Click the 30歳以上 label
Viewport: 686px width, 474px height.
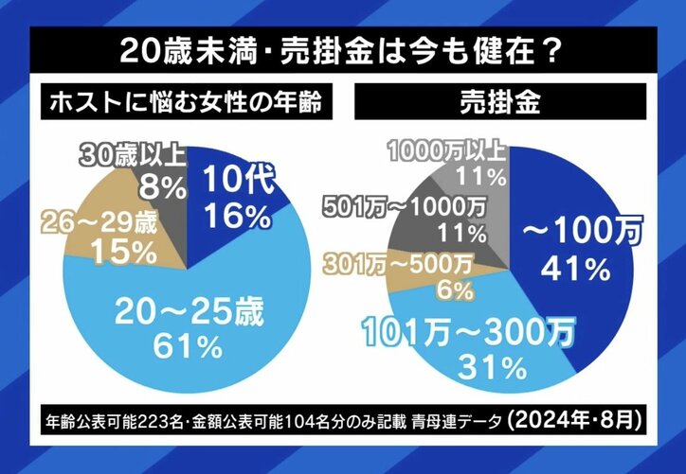point(134,153)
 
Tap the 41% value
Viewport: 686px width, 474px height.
point(573,270)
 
